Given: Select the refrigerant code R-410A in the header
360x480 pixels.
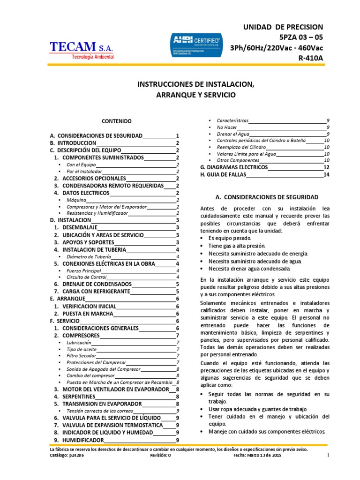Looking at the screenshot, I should tap(307, 58).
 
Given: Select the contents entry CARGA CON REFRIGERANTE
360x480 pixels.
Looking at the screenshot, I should tap(96, 291).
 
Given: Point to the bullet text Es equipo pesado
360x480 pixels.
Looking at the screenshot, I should tap(227, 238).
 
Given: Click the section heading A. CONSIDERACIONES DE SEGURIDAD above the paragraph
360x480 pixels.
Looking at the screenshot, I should tap(265, 197).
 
